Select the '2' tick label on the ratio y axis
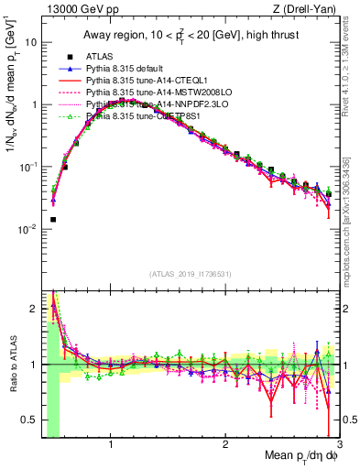tap(34, 310)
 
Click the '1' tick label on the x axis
tap(111, 445)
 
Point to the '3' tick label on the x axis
tap(339, 445)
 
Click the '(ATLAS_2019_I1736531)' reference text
tap(191, 273)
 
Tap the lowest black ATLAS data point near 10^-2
tap(53, 220)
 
